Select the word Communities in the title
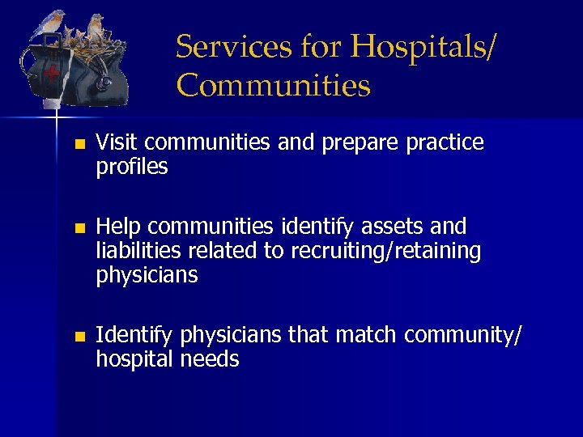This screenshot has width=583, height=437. (274, 85)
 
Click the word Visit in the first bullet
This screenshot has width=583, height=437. (117, 143)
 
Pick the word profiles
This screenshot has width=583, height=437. (132, 168)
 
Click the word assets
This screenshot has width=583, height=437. (398, 226)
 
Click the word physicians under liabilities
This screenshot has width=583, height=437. (147, 275)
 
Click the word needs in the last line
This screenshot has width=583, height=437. (211, 359)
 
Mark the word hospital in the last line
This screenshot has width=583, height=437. (134, 359)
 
